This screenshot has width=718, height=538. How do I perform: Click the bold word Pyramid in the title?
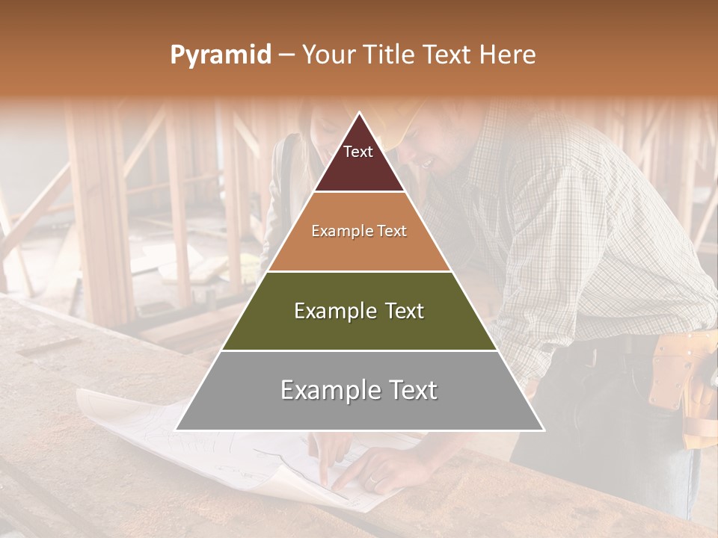click(221, 55)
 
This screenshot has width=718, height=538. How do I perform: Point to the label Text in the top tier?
click(358, 152)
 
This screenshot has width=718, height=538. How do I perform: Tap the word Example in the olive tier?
click(330, 311)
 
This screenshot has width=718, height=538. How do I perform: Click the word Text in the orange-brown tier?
click(392, 232)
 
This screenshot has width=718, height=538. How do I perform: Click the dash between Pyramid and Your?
click(286, 55)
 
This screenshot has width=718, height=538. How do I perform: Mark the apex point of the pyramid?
click(360, 114)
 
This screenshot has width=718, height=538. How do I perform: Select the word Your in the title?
click(328, 55)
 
